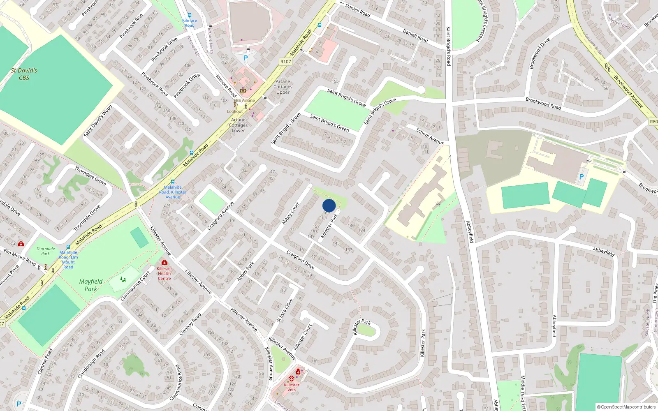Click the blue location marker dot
329,205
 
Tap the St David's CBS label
24,74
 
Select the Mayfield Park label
91,285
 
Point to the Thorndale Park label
45,251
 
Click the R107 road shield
285,62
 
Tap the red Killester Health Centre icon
164,262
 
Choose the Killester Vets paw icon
292,378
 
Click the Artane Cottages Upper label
283,87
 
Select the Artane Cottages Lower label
238,125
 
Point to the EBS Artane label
244,100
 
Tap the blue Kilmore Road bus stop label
190,23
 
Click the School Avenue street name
430,136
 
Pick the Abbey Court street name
291,214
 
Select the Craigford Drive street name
300,260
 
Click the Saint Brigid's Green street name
329,123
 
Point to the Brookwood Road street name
543,103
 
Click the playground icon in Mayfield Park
123,279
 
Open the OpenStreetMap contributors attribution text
626,407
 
